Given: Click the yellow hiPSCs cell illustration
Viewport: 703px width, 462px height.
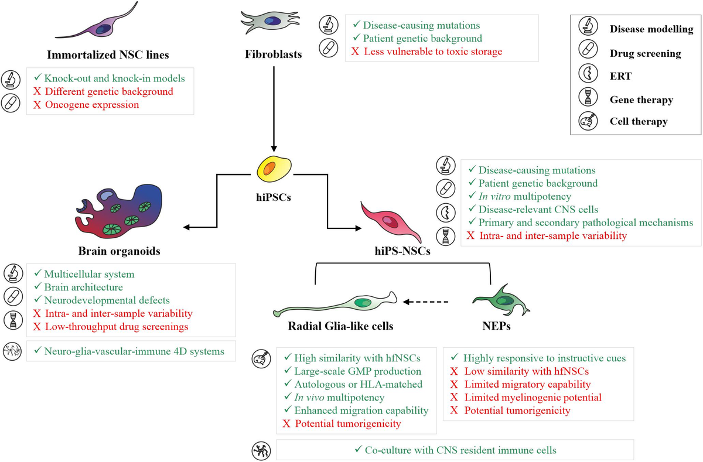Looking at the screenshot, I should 274,170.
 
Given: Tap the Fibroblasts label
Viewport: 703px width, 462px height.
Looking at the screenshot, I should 273,54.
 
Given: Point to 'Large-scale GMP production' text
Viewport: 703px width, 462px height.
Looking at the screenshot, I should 357,371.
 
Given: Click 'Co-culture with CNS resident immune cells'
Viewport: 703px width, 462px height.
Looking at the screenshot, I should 455,450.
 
